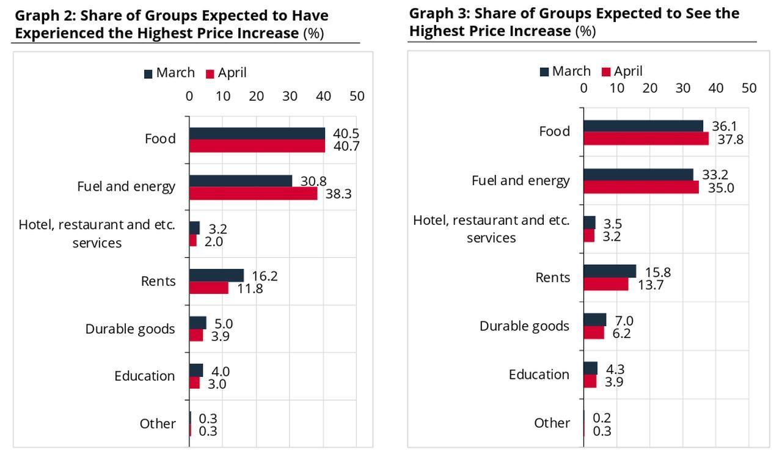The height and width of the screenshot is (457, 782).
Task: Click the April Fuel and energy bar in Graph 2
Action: pyautogui.click(x=253, y=194)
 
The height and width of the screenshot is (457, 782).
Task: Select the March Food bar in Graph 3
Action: pyautogui.click(x=643, y=126)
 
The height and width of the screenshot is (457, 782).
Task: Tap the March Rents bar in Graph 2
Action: pyautogui.click(x=216, y=276)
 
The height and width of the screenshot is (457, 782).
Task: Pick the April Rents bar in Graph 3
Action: pyautogui.click(x=605, y=284)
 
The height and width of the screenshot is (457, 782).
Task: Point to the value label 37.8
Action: pyautogui.click(x=731, y=139)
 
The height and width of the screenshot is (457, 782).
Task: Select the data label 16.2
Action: pyautogui.click(x=265, y=276)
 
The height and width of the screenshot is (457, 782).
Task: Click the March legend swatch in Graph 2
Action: pyautogui.click(x=148, y=74)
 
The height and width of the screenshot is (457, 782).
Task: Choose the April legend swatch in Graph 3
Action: pyautogui.click(x=606, y=72)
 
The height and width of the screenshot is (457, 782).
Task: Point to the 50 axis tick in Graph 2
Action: pyautogui.click(x=357, y=96)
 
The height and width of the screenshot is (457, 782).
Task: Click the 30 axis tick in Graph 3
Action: pyautogui.click(x=683, y=88)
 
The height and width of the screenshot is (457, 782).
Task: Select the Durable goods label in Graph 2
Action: pyautogui.click(x=130, y=329)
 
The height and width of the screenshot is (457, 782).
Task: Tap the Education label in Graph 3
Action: pyautogui.click(x=539, y=374)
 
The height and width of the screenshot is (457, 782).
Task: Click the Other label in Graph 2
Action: pyautogui.click(x=157, y=423)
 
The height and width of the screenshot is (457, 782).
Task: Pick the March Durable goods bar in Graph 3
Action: pyautogui.click(x=594, y=320)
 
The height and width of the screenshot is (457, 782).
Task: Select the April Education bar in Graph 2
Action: pyautogui.click(x=194, y=383)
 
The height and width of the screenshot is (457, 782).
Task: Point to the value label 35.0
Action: pyautogui.click(x=721, y=188)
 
